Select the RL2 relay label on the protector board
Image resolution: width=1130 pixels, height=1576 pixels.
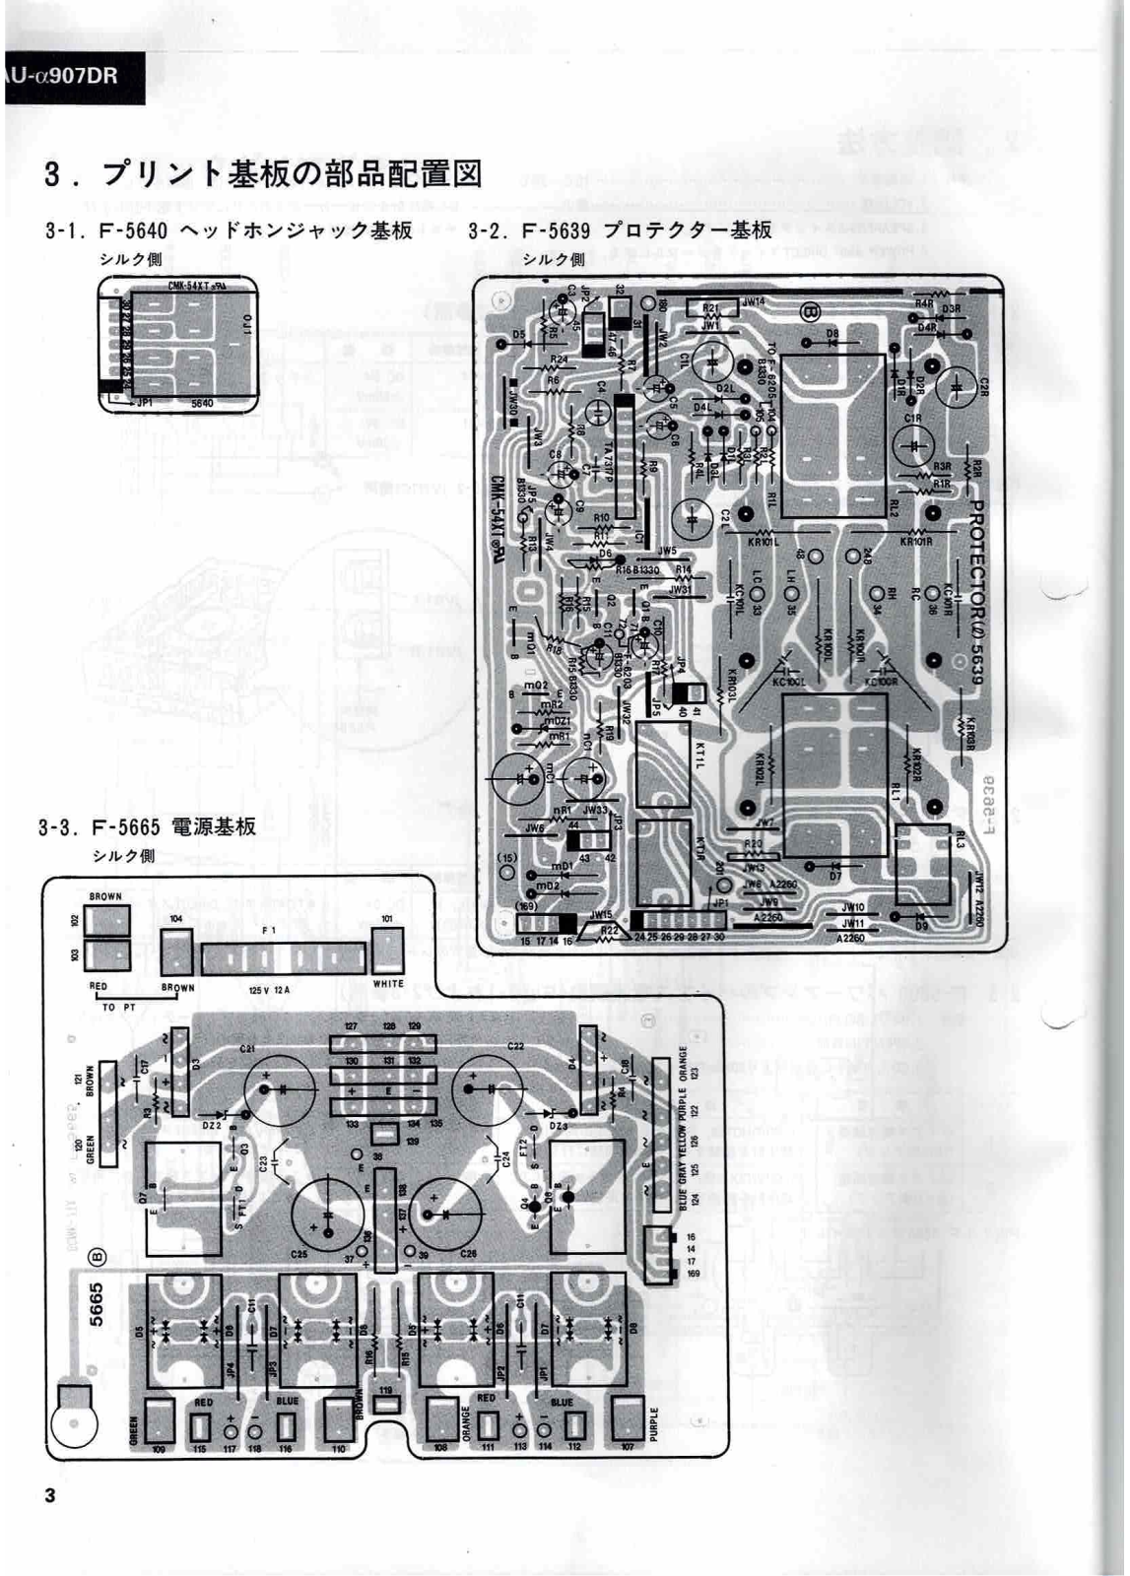coord(892,508)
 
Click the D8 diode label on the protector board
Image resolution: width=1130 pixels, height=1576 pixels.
coord(833,335)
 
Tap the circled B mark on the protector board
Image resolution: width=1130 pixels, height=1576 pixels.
coord(811,312)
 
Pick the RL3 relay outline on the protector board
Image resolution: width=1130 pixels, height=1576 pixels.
coord(922,867)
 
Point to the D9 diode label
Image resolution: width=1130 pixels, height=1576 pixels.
coord(923,925)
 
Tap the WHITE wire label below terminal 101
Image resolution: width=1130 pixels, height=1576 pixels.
coord(388,983)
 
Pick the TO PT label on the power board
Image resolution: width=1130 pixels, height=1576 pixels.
coord(118,1008)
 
